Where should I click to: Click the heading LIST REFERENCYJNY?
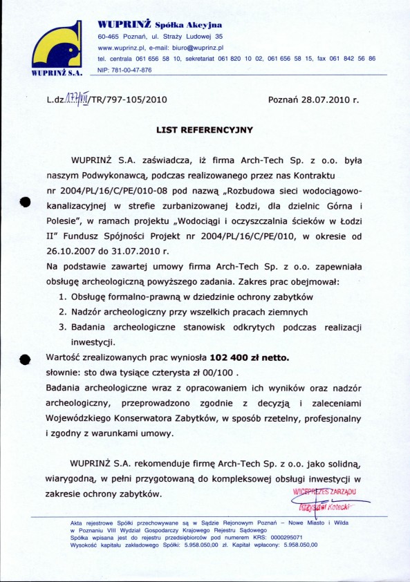click(x=205, y=129)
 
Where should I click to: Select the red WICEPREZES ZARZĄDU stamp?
click(x=324, y=491)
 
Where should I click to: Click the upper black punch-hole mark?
click(x=26, y=202)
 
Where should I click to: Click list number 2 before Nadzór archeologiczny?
click(x=62, y=312)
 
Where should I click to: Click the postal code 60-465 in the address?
click(x=111, y=36)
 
